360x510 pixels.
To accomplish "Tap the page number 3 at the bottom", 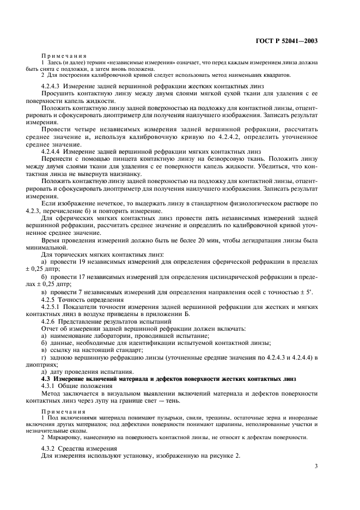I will pos(316,465).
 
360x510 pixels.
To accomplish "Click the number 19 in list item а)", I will pos(80,264).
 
